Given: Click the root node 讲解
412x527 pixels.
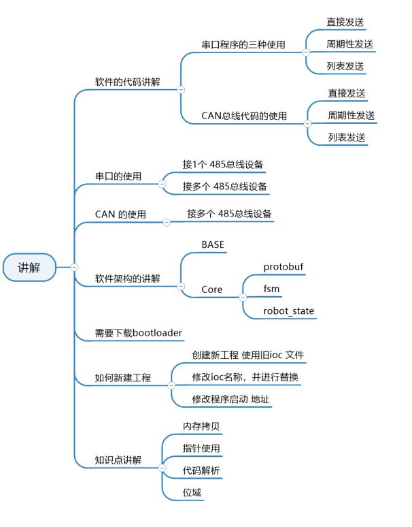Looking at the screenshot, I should coord(29,268).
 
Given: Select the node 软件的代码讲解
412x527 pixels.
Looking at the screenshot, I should coord(127,82).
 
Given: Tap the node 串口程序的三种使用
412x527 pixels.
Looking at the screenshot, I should coord(243,45).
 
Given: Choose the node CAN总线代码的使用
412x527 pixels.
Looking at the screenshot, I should coord(244,116).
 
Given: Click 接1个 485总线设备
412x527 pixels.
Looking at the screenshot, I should coord(223,164).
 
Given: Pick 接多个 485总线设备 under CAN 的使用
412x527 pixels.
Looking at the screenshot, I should coord(230,214).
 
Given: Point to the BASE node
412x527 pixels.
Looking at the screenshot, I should coord(213,244).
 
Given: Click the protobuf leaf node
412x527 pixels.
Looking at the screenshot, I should coord(284,267).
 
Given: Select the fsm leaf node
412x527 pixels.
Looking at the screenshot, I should coord(271,289).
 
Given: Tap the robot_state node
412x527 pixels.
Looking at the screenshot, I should coord(289,311).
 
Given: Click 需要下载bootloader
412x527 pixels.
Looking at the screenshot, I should coord(139,333).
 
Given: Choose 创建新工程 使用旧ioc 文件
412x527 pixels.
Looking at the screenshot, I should coord(248,355).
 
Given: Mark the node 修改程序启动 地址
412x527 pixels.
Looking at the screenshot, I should coord(231,399).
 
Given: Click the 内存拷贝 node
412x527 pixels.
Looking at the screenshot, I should coord(201,426).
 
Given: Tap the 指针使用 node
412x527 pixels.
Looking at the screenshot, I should coord(201,448).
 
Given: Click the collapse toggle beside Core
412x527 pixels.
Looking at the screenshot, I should coord(242,297).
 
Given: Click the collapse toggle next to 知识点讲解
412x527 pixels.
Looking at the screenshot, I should coord(162,468).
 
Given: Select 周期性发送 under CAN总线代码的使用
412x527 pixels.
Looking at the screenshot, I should coord(351,115).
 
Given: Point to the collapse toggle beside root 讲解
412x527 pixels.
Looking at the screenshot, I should coord(75,267).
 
